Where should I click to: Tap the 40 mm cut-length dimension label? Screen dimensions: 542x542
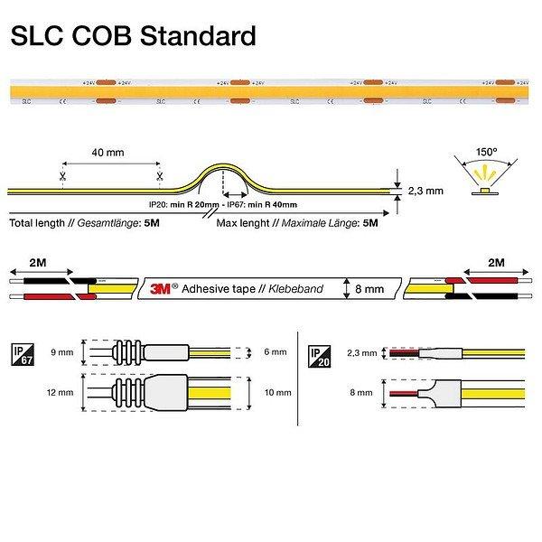[109, 153]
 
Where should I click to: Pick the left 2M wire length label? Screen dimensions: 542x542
[38, 262]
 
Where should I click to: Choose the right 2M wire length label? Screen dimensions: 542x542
[495, 262]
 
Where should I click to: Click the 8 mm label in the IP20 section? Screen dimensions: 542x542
[362, 394]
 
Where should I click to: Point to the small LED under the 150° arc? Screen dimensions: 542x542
[486, 191]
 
